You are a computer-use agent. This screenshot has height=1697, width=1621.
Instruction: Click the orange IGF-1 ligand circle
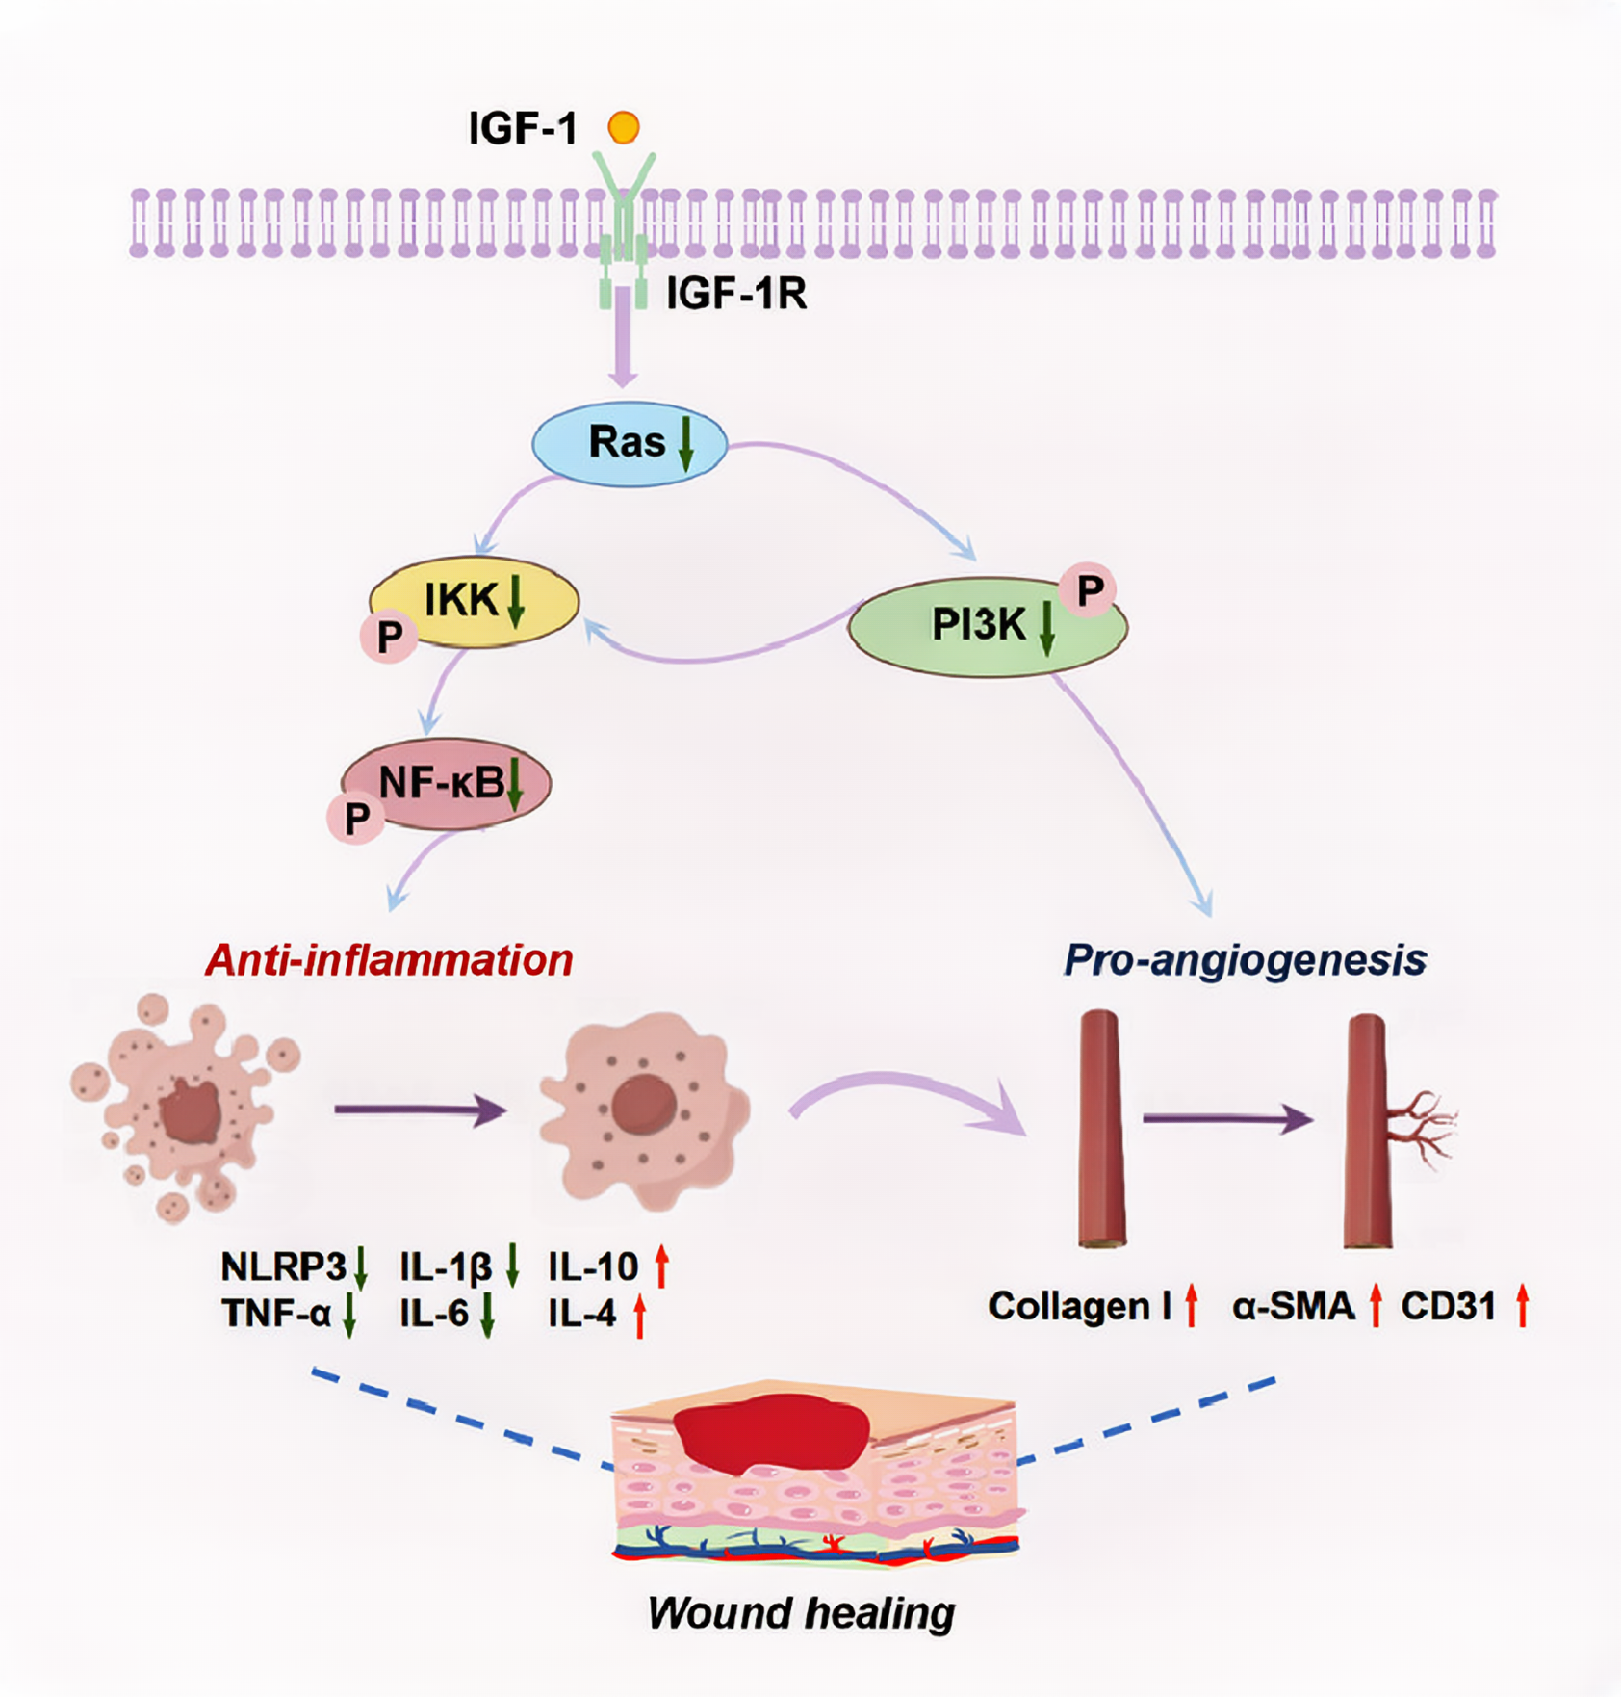[x=624, y=127]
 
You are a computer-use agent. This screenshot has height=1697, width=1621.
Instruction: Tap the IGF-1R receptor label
[x=736, y=294]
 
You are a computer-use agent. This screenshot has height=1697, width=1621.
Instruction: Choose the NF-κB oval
[x=443, y=783]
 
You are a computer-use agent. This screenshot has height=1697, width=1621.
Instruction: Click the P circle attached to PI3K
[x=1089, y=590]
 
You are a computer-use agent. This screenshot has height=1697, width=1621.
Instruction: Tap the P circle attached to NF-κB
[x=356, y=818]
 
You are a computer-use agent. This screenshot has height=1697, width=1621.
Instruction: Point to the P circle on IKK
[x=390, y=636]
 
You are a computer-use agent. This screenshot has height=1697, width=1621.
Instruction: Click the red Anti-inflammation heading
[x=389, y=960]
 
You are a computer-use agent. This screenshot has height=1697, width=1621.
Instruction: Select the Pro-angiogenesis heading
[x=1245, y=960]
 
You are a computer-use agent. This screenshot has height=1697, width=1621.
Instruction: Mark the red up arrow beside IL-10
[x=661, y=1266]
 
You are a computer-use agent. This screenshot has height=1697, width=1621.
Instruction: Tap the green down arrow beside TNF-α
[x=349, y=1315]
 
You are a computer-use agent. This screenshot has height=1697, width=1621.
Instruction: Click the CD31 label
[x=1448, y=1307]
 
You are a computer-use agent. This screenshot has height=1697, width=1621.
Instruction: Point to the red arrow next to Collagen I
[x=1192, y=1306]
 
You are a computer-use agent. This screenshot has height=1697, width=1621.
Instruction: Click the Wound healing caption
[x=801, y=1612]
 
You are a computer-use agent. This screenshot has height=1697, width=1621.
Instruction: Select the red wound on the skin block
[x=770, y=1433]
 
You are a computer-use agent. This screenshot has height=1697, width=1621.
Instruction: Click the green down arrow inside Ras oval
[x=686, y=444]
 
